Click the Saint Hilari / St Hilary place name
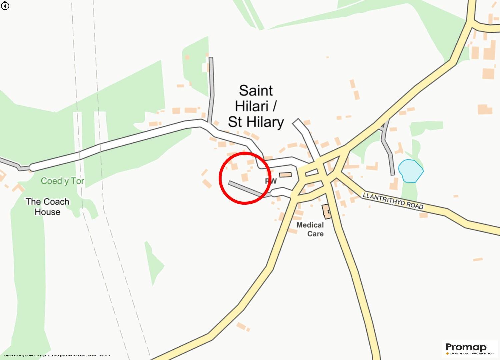(x=256, y=106)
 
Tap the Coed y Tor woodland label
(x=62, y=181)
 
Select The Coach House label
(x=47, y=207)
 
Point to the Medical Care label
(x=310, y=229)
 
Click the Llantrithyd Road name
(x=393, y=200)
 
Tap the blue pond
(x=411, y=171)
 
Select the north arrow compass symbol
(x=5, y=6)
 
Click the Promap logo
(x=466, y=347)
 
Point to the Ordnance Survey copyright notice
(x=57, y=356)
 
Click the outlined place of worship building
(x=285, y=175)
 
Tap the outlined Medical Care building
(x=326, y=212)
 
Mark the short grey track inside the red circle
(x=245, y=189)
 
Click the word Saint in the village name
(x=256, y=91)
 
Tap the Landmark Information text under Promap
(x=472, y=353)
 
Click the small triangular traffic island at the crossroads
(x=311, y=173)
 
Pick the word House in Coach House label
(x=47, y=212)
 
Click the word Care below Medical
(x=315, y=234)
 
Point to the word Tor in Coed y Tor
(x=77, y=181)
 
